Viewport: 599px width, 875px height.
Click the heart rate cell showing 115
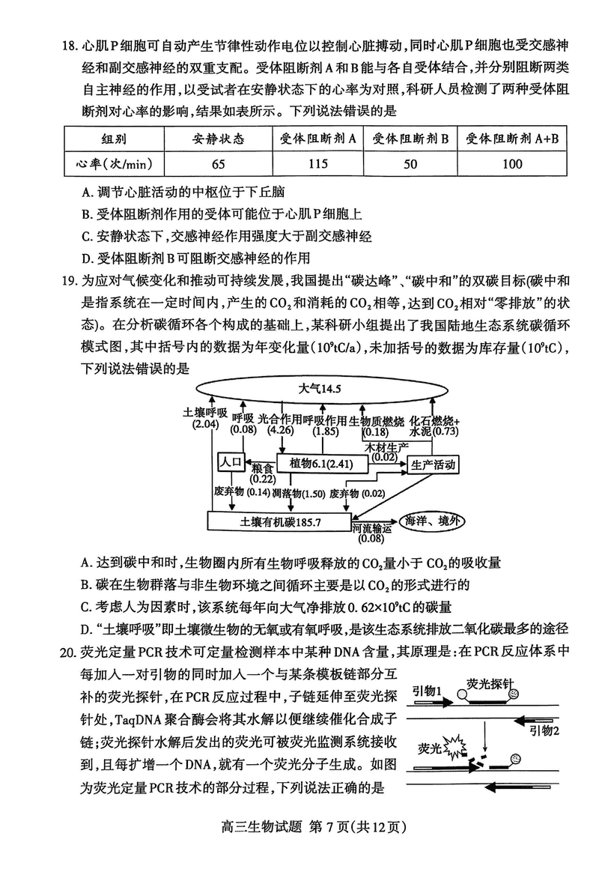[x=318, y=163]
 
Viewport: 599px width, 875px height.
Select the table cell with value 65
[x=218, y=163]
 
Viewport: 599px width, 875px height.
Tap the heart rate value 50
[x=410, y=163]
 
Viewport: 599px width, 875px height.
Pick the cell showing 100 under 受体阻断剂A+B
[x=513, y=163]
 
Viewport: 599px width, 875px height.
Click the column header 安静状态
[x=218, y=139]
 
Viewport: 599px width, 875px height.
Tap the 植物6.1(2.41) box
[x=322, y=464]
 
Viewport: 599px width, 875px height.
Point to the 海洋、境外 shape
[x=434, y=521]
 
